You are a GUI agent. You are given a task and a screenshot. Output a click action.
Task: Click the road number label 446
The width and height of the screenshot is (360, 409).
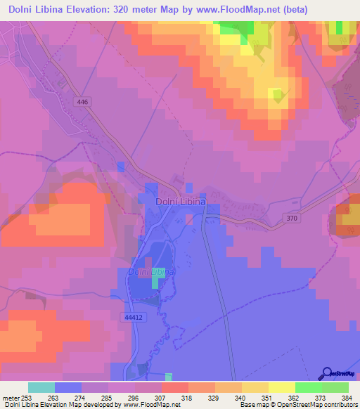point(84,102)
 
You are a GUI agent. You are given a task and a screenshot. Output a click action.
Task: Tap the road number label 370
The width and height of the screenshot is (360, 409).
point(292,219)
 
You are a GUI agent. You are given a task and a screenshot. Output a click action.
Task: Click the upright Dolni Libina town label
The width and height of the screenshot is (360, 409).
point(180,202)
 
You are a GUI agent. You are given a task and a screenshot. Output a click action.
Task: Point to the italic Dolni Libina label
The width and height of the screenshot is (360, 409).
point(150,271)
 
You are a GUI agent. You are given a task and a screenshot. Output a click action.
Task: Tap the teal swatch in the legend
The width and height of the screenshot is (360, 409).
point(41,387)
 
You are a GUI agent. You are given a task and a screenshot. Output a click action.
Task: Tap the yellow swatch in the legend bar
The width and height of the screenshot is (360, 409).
point(255,387)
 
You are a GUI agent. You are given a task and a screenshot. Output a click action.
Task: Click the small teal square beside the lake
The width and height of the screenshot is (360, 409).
point(155,282)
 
